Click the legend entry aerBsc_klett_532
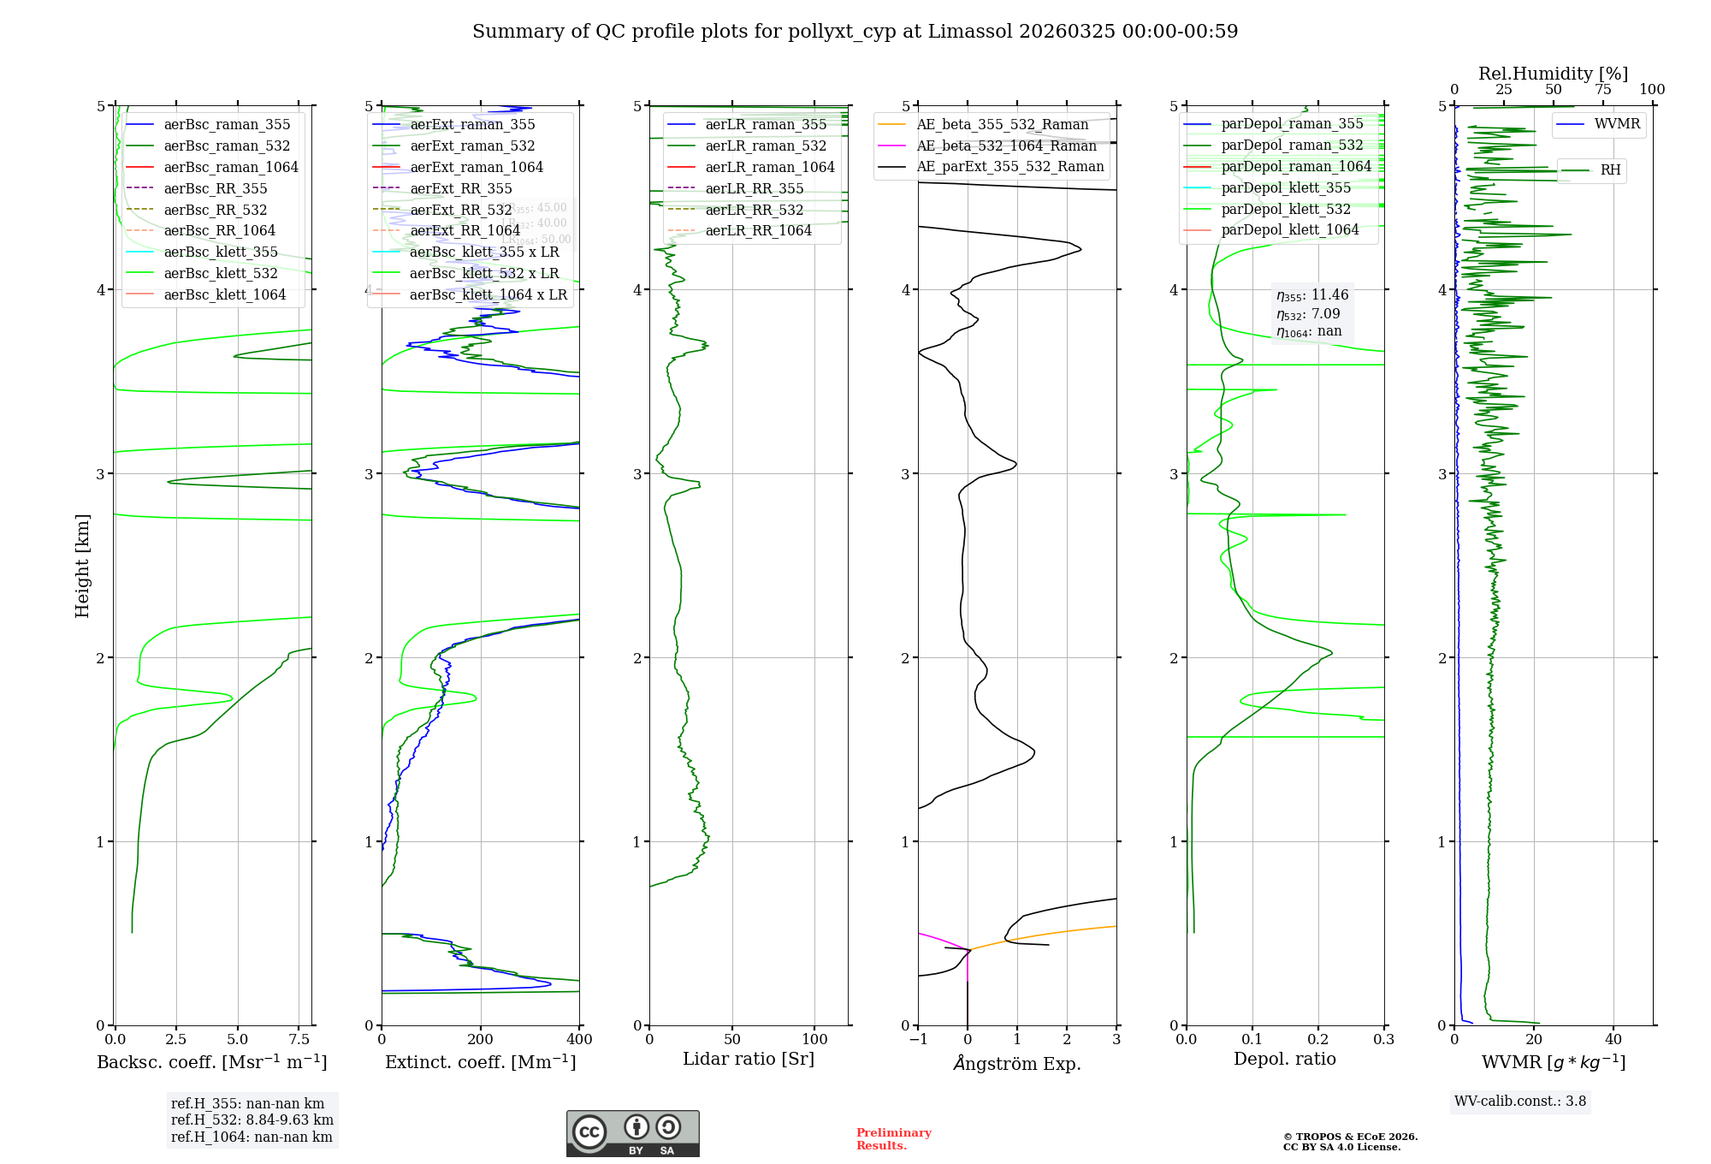point(220,273)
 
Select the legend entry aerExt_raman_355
point(472,124)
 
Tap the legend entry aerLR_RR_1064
point(758,230)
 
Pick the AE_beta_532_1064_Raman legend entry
point(1006,145)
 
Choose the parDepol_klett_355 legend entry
point(1286,187)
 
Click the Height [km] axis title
point(82,565)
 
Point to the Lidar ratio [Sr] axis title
point(749,1059)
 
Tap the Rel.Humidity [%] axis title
point(1553,74)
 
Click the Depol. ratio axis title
point(1284,1059)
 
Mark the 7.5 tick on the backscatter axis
point(299,1040)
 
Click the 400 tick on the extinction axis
point(579,1040)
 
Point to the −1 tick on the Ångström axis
point(918,1040)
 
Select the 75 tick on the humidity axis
point(1602,90)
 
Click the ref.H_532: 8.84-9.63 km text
point(252,1120)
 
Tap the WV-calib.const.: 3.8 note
point(1520,1102)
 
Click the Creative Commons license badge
point(632,1134)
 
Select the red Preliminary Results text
point(893,1139)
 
